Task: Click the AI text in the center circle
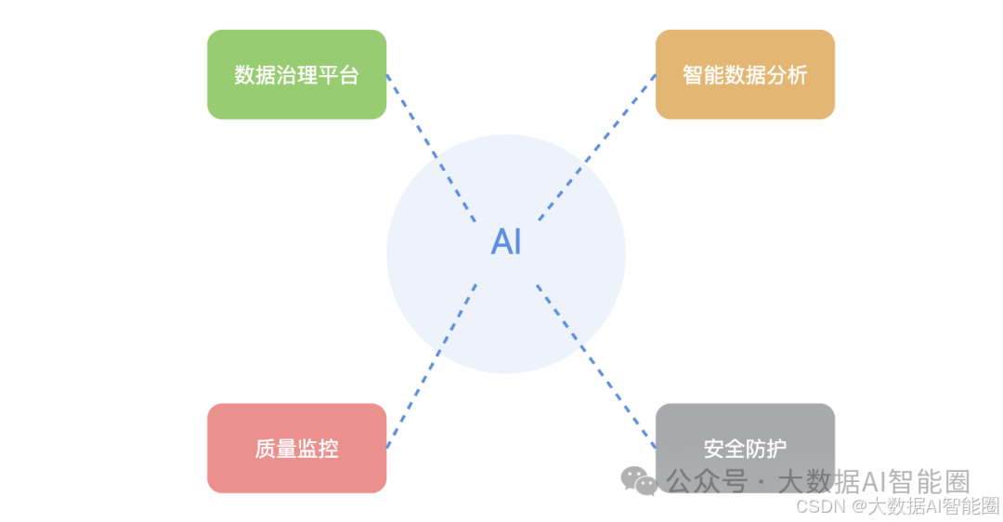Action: coord(506,242)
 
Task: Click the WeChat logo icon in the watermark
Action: coord(639,479)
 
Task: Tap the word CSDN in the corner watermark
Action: coord(818,506)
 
